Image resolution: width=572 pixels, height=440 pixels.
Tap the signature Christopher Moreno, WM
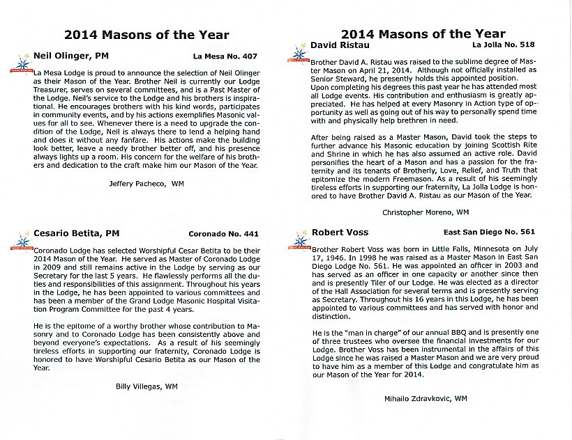[426, 211]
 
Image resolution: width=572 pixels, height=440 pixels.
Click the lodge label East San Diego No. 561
[489, 233]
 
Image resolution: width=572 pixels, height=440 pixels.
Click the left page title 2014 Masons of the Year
[146, 35]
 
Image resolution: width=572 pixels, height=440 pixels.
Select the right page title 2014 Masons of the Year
[423, 33]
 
